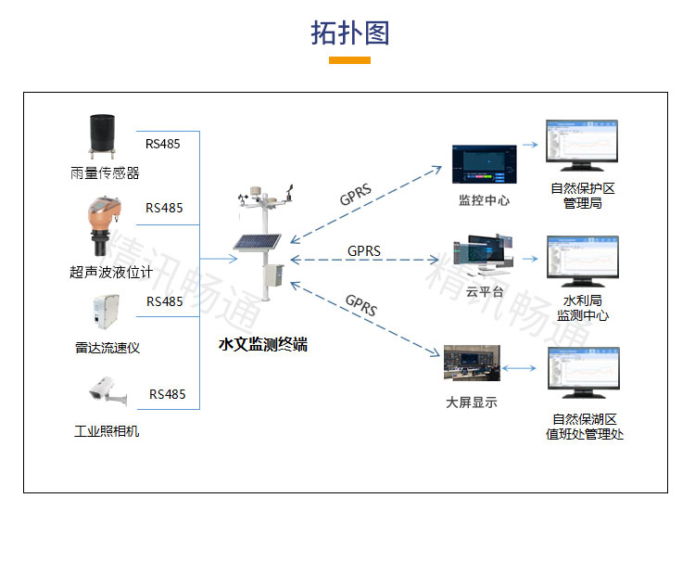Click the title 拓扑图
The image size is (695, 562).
coord(349,32)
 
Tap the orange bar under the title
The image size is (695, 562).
coord(349,60)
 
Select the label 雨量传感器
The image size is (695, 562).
coord(105,172)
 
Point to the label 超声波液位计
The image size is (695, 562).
coord(110,272)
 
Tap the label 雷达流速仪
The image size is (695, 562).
coord(107,348)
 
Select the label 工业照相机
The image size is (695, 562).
coord(107,430)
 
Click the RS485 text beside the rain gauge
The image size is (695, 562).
coord(163,144)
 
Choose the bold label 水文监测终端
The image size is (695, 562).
coord(262,345)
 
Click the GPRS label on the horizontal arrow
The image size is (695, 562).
coord(364,250)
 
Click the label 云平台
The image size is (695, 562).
coord(484,291)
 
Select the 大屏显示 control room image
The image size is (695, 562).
coord(472,364)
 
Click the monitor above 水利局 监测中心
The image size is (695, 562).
coord(583,262)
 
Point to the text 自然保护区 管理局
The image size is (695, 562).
coord(583,195)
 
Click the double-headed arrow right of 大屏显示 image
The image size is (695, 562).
coord(521,368)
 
